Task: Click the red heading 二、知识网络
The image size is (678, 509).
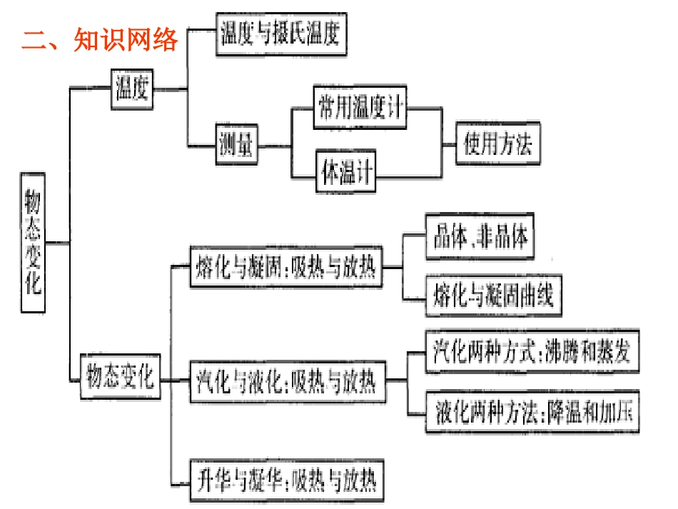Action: (100, 40)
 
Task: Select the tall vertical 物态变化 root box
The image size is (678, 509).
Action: (33, 243)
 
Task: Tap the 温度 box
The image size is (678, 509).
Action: (133, 89)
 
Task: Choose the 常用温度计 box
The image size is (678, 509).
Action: (361, 109)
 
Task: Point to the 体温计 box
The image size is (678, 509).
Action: (347, 172)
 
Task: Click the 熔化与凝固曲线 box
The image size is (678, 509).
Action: (493, 296)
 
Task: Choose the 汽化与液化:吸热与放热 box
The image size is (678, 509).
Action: (285, 383)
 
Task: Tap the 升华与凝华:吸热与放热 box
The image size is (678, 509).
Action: (285, 481)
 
